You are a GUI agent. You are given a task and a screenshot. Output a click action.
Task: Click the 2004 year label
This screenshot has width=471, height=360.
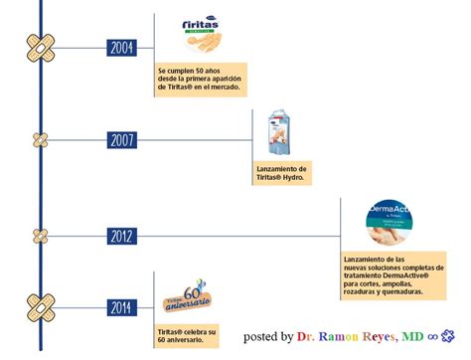(x=122, y=46)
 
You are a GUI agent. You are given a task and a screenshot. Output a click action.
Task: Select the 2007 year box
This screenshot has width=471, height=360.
(x=122, y=139)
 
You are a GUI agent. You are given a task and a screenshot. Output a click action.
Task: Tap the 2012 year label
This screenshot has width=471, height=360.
(x=122, y=236)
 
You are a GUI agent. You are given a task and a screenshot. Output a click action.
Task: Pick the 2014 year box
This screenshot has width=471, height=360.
(x=122, y=306)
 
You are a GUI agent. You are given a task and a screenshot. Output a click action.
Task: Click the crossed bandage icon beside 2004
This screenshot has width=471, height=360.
(x=40, y=46)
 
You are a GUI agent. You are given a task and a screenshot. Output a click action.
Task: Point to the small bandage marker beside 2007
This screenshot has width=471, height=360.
(x=40, y=139)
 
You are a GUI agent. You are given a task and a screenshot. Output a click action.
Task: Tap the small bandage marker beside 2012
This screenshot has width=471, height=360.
(x=40, y=236)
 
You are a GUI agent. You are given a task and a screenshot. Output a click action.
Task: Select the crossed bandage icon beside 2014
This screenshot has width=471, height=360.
(x=40, y=306)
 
